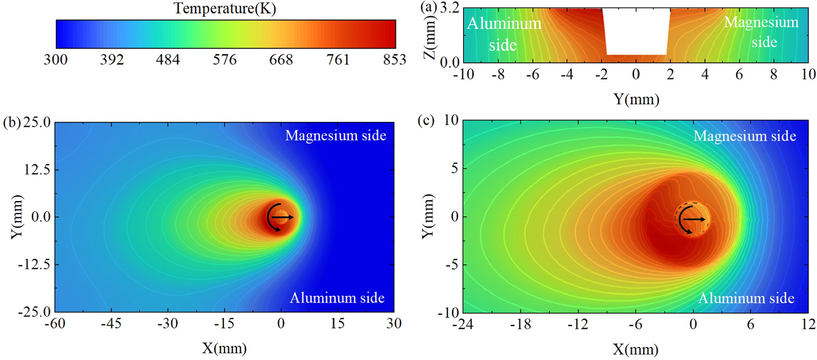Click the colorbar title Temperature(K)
click(x=226, y=8)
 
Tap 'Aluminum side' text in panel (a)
click(x=503, y=34)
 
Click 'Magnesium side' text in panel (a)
click(x=761, y=32)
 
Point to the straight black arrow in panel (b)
click(x=283, y=217)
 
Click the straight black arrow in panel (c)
click(x=695, y=219)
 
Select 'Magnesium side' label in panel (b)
click(x=335, y=135)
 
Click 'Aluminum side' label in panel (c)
click(x=745, y=298)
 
